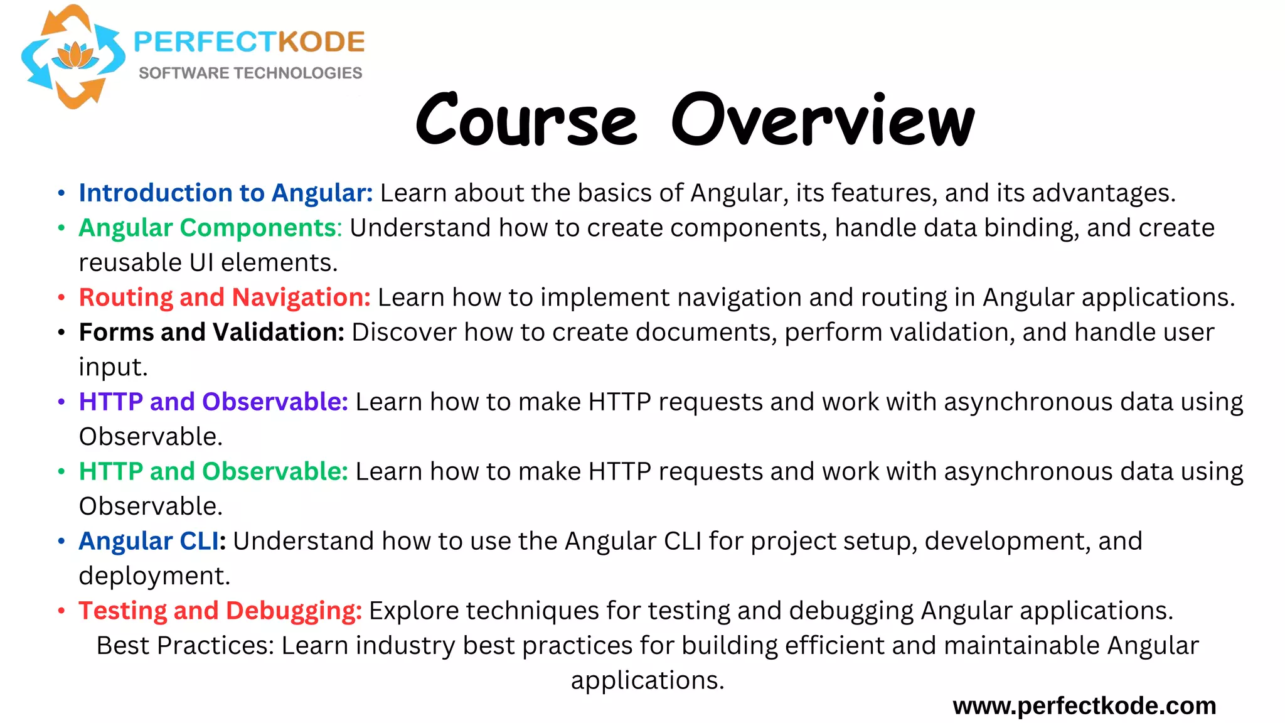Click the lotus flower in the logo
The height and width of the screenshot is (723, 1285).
(x=75, y=56)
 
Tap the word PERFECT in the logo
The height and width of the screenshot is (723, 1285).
(x=205, y=42)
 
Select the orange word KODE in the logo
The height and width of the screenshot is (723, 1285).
(x=321, y=42)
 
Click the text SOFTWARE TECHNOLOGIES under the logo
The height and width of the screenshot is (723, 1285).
(x=250, y=73)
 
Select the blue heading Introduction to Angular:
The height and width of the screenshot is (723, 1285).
(x=225, y=193)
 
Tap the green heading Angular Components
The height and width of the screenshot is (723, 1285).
(x=208, y=228)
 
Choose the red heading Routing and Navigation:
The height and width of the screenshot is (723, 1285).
(x=225, y=297)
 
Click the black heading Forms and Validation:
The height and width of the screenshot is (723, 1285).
(x=211, y=332)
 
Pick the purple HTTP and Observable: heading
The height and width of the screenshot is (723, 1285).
(x=213, y=402)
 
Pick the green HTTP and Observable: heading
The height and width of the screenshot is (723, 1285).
(x=213, y=471)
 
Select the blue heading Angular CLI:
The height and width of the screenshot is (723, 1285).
(x=152, y=541)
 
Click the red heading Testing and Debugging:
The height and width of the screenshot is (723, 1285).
(x=220, y=611)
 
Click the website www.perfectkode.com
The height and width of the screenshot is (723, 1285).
(x=1084, y=706)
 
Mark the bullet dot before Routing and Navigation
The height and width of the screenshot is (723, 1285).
(x=61, y=298)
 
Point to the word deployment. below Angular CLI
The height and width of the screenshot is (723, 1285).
(x=154, y=576)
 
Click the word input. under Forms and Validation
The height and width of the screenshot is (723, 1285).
(x=113, y=367)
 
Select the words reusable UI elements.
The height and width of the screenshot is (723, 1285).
(x=208, y=263)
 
